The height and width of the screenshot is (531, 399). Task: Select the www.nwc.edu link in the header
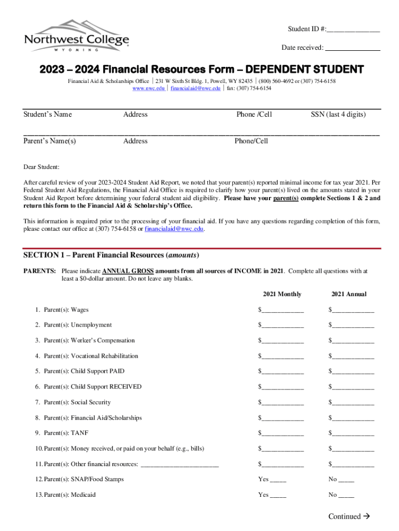(x=149, y=88)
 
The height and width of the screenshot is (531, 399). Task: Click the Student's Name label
(x=48, y=115)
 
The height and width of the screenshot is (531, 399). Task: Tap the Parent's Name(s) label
(x=50, y=141)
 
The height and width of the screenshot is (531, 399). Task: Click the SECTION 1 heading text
(x=111, y=255)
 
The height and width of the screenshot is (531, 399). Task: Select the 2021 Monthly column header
(x=282, y=294)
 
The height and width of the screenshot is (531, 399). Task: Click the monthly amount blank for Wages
(x=283, y=311)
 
